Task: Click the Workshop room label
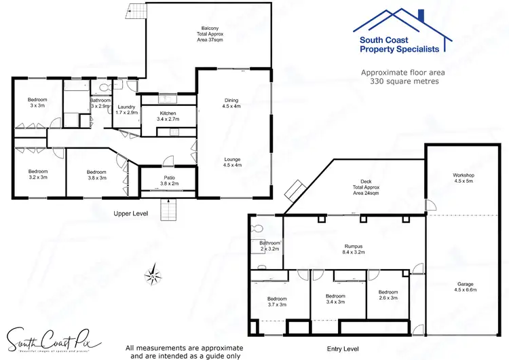tap(464, 179)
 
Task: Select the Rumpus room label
tap(354, 249)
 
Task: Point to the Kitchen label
tap(168, 116)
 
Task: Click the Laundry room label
tap(126, 109)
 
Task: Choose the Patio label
tap(169, 180)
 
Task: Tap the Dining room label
tap(231, 103)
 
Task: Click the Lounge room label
tap(231, 162)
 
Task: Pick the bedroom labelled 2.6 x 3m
tap(388, 295)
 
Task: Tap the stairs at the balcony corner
tap(136, 12)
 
